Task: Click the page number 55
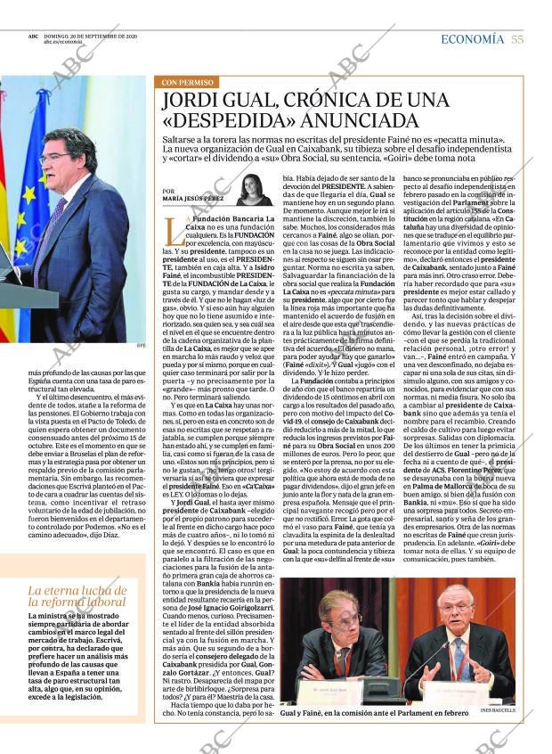516,38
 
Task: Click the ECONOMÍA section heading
472,38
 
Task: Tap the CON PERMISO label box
183,82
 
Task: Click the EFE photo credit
140,347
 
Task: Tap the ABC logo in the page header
32,37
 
